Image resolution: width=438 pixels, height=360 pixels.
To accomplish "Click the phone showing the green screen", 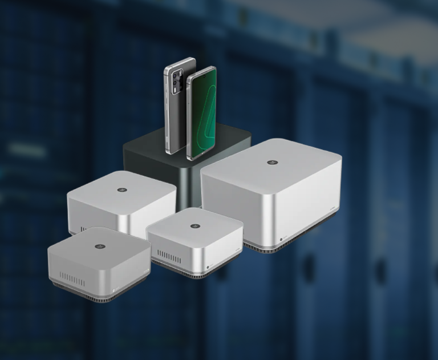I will tap(201, 114).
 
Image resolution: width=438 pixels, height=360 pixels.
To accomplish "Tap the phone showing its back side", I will tap(175, 106).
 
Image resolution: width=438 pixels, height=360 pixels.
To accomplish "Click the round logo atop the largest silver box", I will tap(271, 163).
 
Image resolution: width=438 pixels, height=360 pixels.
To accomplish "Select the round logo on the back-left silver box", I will tap(121, 189).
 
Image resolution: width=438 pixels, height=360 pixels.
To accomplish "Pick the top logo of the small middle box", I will tap(195, 226).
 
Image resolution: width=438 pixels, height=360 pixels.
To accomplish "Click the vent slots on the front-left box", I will tap(72, 280).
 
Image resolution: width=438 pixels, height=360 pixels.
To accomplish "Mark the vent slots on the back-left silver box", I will tap(84, 229).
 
